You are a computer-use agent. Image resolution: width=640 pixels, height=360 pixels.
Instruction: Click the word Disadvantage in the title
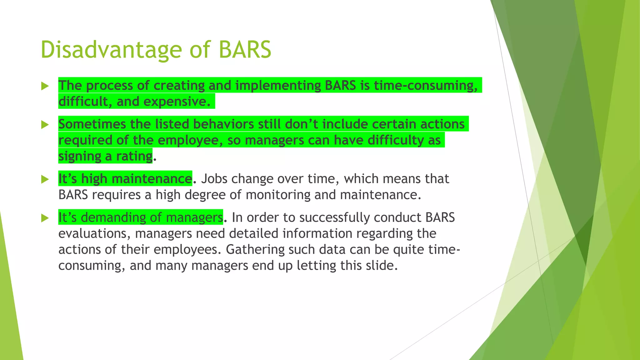pos(111,50)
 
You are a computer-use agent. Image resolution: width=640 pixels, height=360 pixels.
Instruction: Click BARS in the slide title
pos(245,50)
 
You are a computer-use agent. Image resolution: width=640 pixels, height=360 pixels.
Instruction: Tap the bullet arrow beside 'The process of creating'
pos(45,86)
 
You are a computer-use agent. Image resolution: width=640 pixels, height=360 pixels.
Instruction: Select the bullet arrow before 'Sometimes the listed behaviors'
pos(45,125)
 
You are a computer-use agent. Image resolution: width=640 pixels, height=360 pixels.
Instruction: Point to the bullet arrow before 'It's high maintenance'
pos(45,179)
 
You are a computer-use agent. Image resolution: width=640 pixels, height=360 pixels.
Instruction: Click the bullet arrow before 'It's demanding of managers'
pos(45,218)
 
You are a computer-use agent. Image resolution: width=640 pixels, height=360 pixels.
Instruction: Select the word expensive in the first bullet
pos(177,102)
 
